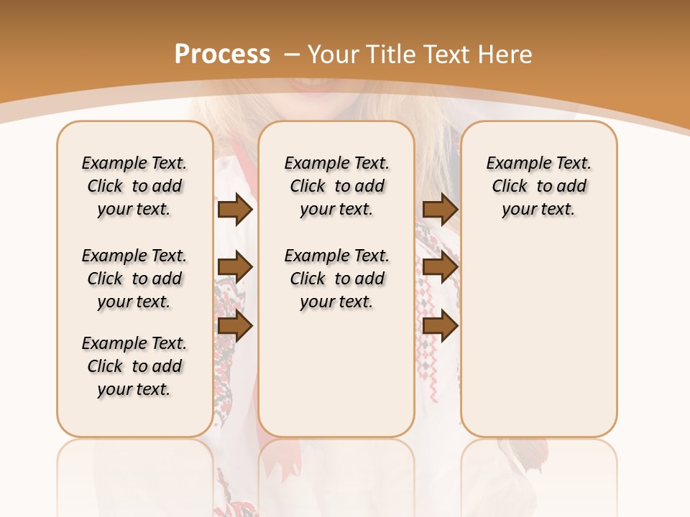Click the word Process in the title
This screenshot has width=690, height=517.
point(222,55)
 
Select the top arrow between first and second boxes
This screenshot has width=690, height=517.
point(235,209)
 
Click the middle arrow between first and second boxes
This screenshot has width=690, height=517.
point(235,268)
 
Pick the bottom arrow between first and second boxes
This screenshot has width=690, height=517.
point(235,326)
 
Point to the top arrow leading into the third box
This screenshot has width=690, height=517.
point(440,209)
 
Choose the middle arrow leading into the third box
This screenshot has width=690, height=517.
point(440,268)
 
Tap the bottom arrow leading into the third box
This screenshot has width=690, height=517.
point(440,326)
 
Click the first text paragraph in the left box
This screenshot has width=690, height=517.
point(134,186)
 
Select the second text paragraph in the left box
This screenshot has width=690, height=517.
point(134,279)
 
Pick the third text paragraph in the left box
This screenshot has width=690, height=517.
point(134,366)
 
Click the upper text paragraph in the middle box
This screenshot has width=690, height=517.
point(336,186)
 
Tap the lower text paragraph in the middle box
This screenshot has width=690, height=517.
point(336,279)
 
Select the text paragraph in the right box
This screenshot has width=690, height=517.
point(538,186)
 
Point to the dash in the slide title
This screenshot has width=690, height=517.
point(292,55)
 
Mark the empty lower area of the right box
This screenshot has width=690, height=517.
point(538,337)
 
